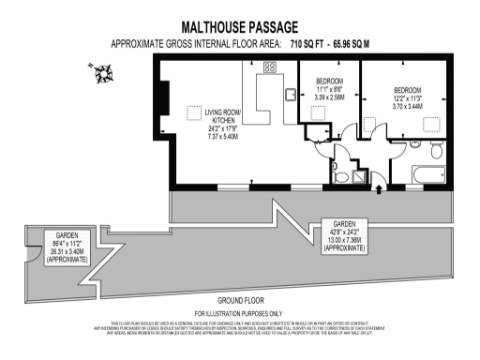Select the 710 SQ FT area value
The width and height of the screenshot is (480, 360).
click(x=307, y=44)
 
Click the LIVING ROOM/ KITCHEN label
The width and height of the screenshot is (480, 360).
click(x=223, y=117)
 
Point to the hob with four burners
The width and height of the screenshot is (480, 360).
click(x=271, y=68)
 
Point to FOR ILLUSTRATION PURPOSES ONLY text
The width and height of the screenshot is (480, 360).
click(x=239, y=312)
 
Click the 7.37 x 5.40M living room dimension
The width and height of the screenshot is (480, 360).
click(x=223, y=136)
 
